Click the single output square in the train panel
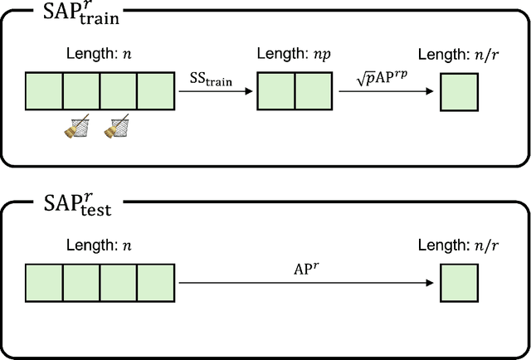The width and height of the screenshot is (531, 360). click(458, 94)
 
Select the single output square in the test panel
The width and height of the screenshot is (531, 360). click(458, 285)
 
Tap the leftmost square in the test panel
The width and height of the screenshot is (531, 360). click(44, 285)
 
